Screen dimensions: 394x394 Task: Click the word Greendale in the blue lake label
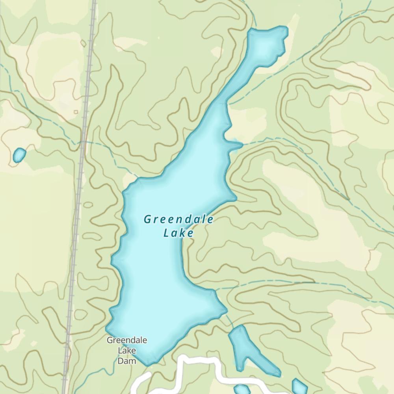tap(178, 219)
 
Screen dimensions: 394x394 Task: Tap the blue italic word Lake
tap(178, 233)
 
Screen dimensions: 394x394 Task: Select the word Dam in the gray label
tap(127, 361)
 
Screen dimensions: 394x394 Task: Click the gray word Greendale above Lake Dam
tap(127, 340)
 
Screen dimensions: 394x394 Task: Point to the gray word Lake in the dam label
tap(127, 350)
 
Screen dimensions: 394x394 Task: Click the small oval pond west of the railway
tap(19, 155)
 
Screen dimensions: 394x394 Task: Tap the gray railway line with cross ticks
tap(79, 197)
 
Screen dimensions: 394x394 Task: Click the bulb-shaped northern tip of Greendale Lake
tap(268, 43)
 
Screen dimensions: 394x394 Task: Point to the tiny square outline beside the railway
tap(76, 112)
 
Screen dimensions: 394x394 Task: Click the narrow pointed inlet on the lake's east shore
tap(236, 145)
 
